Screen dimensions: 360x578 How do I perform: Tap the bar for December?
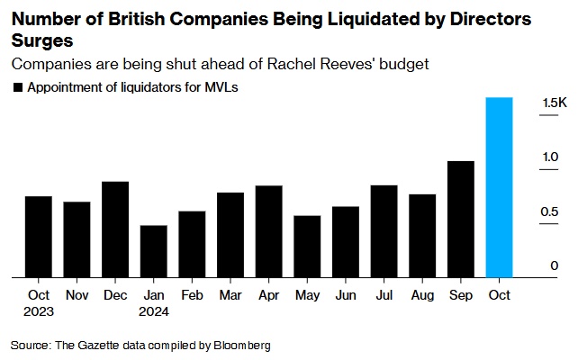click(x=114, y=229)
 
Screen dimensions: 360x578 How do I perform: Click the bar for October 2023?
click(x=38, y=237)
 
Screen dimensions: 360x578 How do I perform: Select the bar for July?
click(x=384, y=231)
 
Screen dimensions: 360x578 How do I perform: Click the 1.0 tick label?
click(x=549, y=157)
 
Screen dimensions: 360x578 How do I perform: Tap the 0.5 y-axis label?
click(x=549, y=211)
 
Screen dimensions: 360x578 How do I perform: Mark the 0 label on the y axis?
click(x=555, y=265)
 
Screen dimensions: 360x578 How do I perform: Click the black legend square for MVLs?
click(x=17, y=87)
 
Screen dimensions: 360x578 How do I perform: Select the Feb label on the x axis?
click(x=192, y=294)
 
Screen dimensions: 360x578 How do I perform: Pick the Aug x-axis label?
click(x=422, y=294)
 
